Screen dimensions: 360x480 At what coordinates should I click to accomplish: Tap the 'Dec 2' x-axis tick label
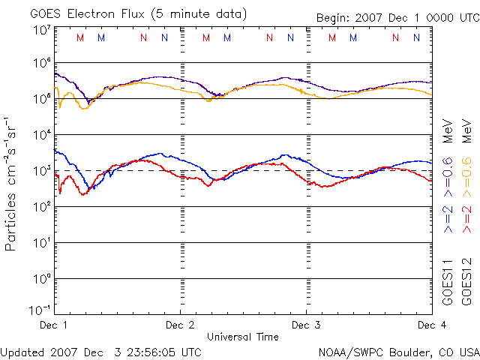click(x=180, y=325)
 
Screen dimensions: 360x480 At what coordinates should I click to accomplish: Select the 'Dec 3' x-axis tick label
click(x=306, y=325)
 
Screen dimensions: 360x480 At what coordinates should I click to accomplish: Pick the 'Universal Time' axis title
click(x=243, y=337)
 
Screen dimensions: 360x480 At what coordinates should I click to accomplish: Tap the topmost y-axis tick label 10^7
click(x=41, y=29)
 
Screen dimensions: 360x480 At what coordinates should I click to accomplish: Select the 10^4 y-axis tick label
click(x=41, y=135)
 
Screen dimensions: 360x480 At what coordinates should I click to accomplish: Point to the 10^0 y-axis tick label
click(x=41, y=279)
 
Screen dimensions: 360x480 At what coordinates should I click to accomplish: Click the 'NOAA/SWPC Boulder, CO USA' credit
click(x=398, y=352)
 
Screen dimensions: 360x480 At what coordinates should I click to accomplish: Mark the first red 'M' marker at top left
click(x=81, y=37)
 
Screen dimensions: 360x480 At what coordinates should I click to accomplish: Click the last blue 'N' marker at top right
click(x=416, y=37)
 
